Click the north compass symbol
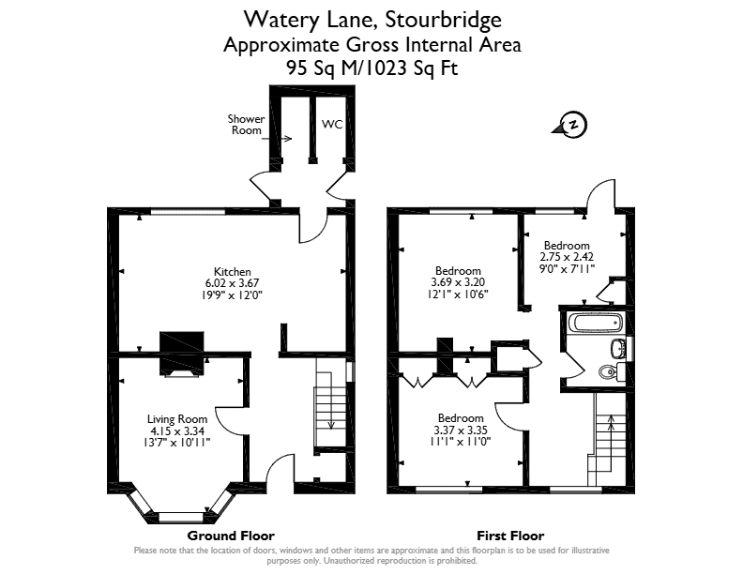click(572, 125)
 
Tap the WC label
click(332, 124)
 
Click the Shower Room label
click(247, 125)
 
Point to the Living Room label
click(176, 418)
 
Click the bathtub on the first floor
click(594, 324)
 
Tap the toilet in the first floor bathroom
click(609, 371)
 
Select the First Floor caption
click(510, 536)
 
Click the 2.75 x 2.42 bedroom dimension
click(566, 256)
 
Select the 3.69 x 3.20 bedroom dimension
click(457, 282)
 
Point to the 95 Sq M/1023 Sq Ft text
click(371, 68)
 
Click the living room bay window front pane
click(179, 516)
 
